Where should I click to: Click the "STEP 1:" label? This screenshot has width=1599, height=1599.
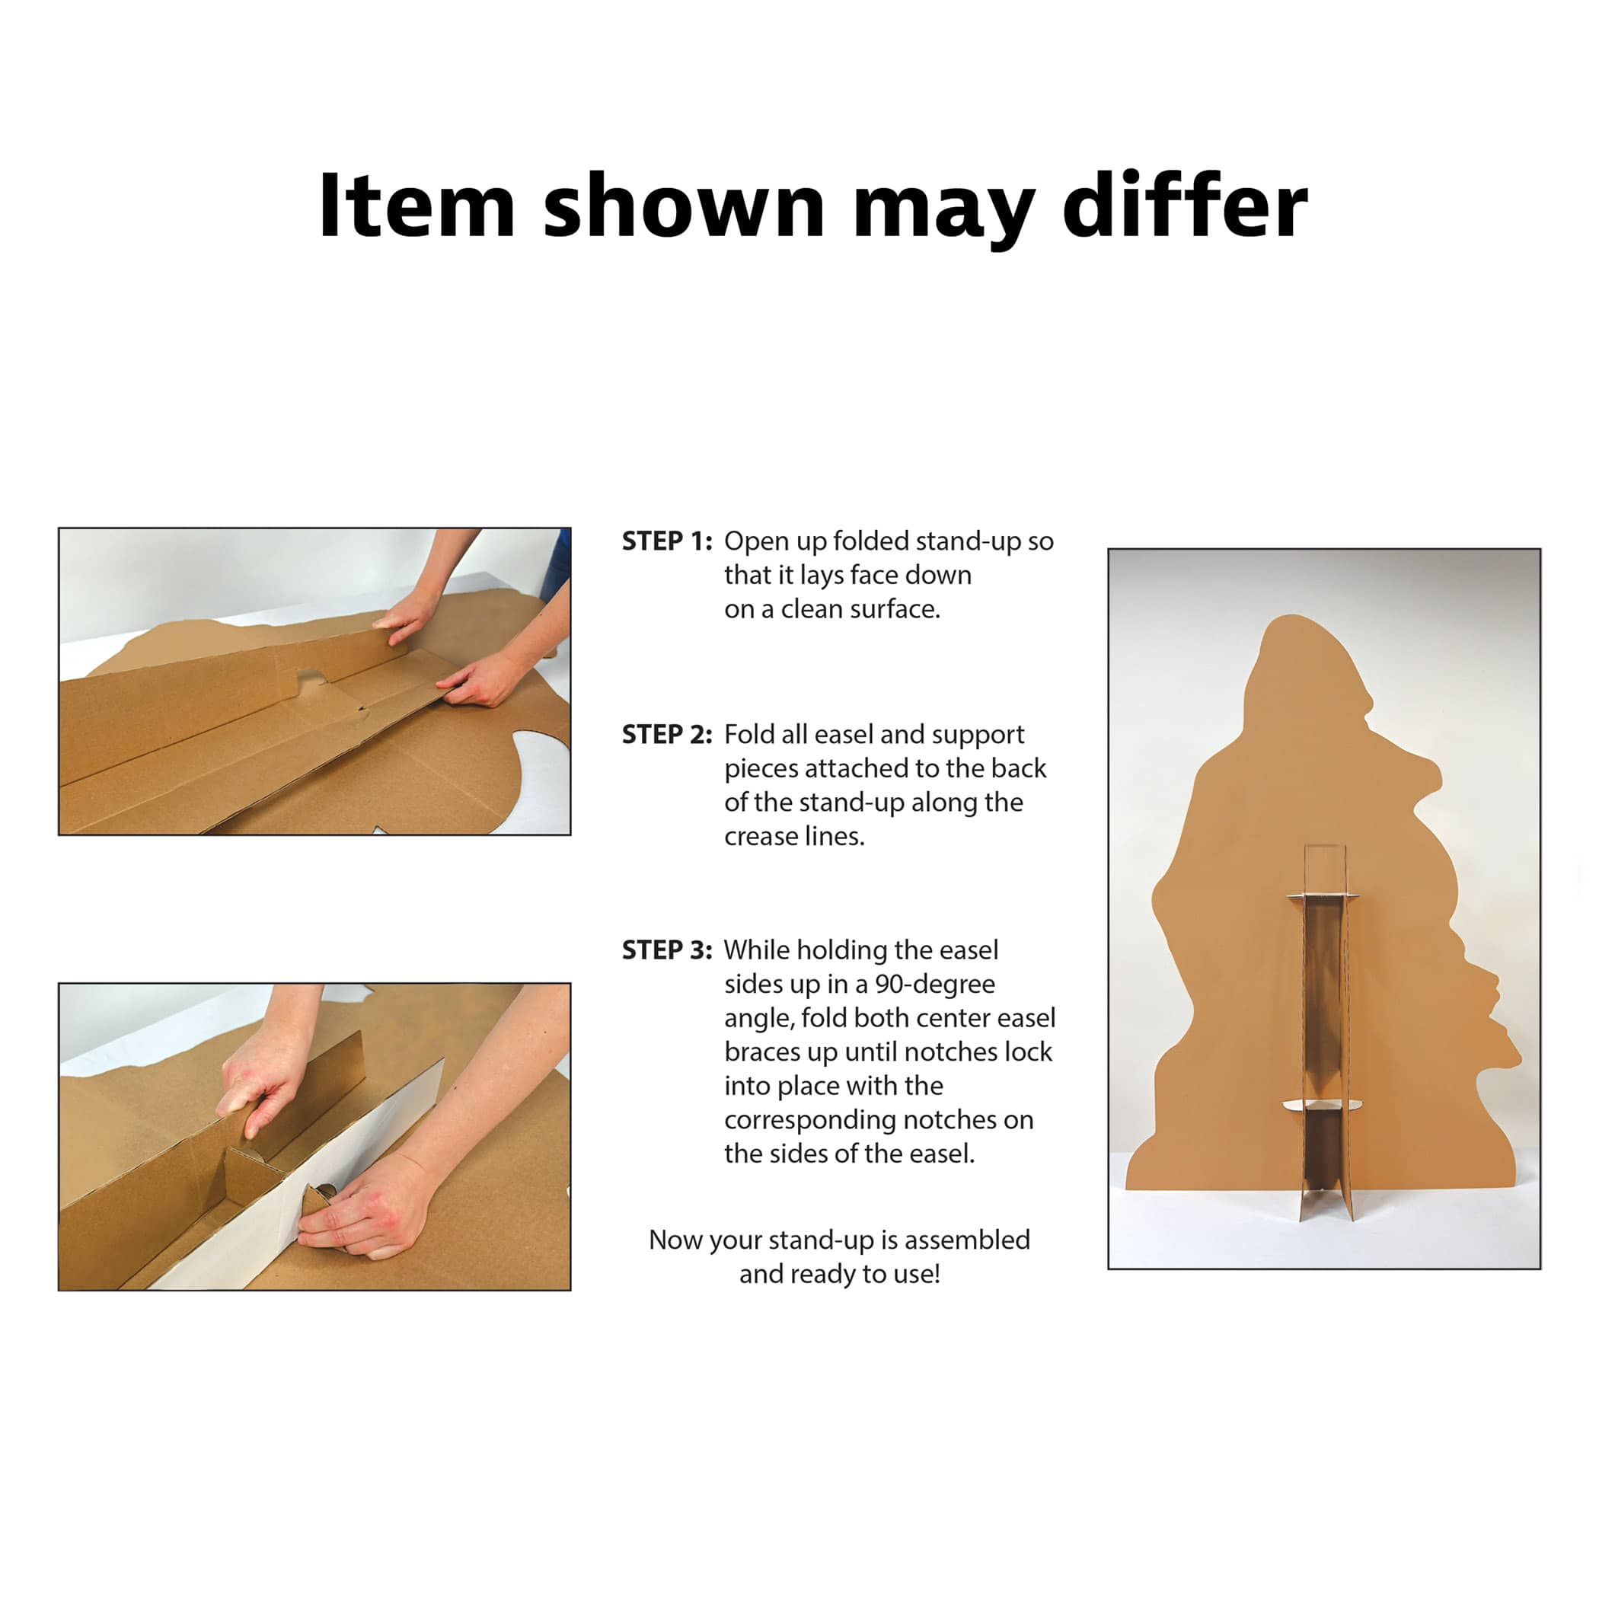667,541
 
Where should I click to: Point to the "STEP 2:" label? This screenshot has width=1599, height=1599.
667,734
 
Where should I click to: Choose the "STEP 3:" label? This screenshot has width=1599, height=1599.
667,950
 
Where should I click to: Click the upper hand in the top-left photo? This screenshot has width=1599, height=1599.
406,617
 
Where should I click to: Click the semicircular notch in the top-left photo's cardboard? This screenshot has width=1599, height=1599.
312,680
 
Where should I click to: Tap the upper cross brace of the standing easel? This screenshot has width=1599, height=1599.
1323,896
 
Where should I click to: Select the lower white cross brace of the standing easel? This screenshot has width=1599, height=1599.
1322,1105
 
